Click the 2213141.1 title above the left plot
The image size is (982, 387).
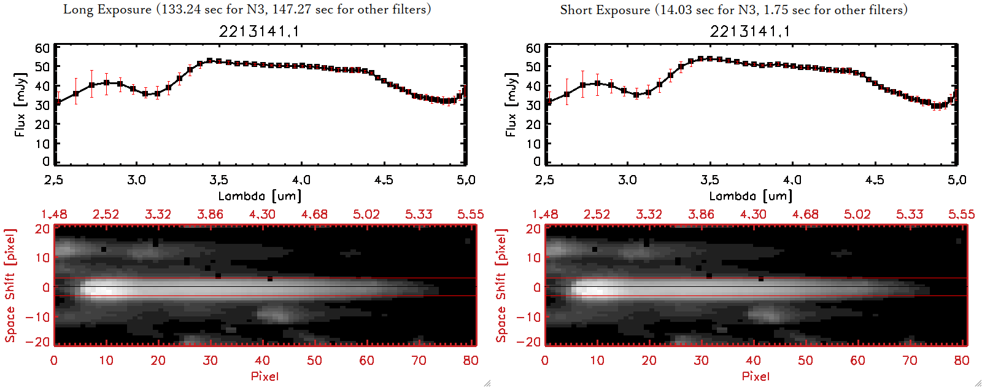tap(259, 31)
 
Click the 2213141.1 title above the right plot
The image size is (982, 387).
tap(750, 31)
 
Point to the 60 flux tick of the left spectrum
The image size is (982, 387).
tap(42, 48)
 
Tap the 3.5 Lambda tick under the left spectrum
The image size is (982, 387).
tap(218, 180)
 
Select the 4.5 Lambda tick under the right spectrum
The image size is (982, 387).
tap(875, 180)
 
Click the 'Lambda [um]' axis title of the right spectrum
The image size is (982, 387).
tap(751, 196)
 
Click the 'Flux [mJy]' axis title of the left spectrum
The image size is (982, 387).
tap(20, 104)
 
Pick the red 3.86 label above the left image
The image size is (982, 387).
tap(210, 214)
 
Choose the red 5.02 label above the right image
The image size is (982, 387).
tap(857, 214)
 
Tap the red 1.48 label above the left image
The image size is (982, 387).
tap(54, 214)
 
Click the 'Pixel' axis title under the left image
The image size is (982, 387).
tap(265, 376)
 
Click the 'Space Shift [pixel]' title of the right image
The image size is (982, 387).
tap(501, 286)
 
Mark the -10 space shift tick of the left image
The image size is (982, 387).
tap(38, 316)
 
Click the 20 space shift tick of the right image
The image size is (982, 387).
tap(533, 229)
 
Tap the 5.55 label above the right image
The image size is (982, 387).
tap(961, 214)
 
